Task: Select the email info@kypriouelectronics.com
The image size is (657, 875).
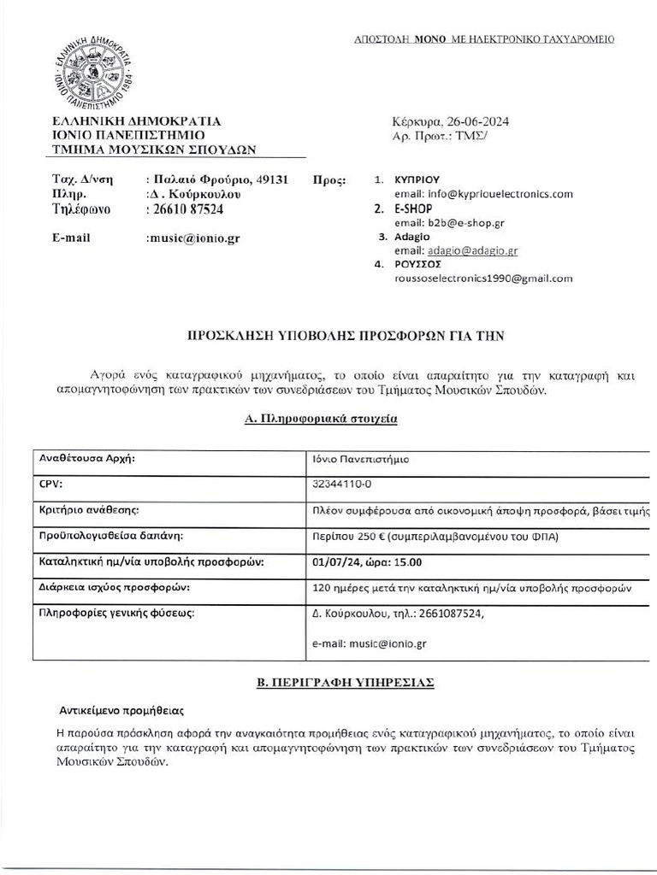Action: coord(483,195)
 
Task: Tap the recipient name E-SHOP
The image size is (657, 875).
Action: coord(413,208)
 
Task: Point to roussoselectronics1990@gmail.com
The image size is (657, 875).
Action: coord(483,279)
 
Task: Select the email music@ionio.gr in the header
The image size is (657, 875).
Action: coord(193,238)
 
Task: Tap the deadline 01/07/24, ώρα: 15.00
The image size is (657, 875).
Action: coord(368,562)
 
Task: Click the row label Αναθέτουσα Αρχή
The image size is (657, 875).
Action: coord(88,458)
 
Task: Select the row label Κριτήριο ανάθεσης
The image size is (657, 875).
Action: coord(90,510)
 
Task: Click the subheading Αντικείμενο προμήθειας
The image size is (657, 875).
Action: coord(121,711)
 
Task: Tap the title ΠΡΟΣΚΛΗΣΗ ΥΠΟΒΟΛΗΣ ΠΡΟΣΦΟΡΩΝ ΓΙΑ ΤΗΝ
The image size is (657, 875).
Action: coord(346,338)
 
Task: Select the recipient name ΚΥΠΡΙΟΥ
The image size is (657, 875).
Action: coord(417,180)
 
